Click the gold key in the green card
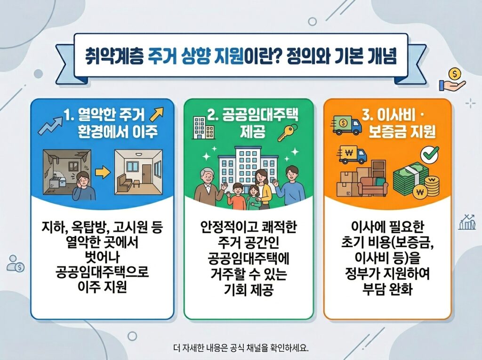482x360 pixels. click(285, 133)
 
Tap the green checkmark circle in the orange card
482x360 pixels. click(428, 153)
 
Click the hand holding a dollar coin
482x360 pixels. click(451, 80)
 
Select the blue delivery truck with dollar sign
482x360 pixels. click(347, 125)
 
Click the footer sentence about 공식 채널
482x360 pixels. click(241, 349)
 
